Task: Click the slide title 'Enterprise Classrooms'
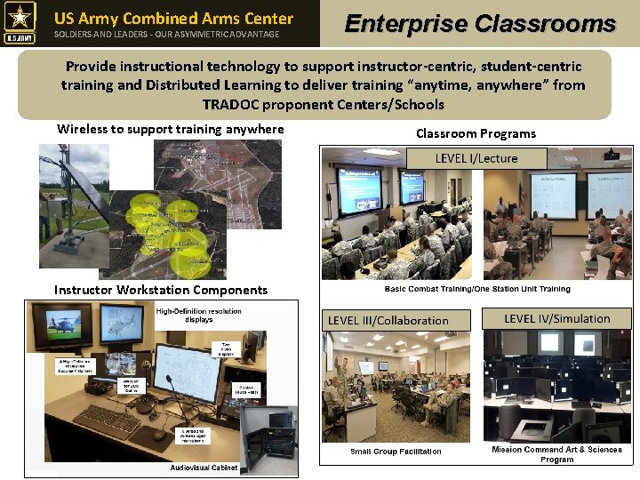coord(480,24)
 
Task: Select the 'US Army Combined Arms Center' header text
coord(173,18)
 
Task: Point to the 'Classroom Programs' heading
coord(476,133)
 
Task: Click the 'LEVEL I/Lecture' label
coord(476,158)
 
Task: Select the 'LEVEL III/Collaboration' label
coord(388,320)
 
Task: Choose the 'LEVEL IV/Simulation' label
coord(556,318)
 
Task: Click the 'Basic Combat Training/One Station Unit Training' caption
coord(477,289)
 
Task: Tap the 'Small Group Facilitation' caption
coord(396,452)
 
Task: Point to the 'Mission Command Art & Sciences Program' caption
coord(557,454)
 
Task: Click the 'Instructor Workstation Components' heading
coord(161,290)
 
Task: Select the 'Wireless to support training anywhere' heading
coord(171,129)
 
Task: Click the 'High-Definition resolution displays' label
coord(198,316)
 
